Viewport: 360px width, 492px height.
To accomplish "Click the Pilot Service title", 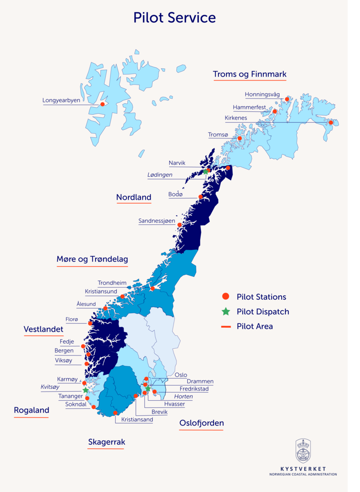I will [174, 18].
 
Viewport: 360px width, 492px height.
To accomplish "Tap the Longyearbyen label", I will [61, 100].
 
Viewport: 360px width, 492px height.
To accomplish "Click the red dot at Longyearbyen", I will [102, 104].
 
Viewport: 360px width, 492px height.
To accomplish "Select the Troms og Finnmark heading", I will [249, 74].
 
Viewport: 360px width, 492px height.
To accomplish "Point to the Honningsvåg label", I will [262, 95].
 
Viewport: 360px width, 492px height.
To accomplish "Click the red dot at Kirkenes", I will [331, 123].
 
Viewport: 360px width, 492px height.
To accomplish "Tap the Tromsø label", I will [218, 135].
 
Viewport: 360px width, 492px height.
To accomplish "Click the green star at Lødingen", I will [206, 172].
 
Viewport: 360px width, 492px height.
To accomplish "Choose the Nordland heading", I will [134, 197].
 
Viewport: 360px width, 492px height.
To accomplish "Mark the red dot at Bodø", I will [200, 197].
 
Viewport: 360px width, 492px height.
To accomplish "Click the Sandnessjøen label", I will [157, 221].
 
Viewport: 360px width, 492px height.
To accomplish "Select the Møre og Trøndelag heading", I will [92, 259].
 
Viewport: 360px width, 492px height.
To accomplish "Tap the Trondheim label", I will [112, 283].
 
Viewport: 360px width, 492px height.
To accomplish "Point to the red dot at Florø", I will [90, 323].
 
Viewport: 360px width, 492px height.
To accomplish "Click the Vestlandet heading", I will [43, 329].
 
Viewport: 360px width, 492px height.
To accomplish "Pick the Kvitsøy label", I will [50, 387].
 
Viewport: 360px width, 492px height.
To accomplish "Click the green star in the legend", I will [226, 311].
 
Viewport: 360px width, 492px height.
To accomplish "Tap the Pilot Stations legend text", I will [261, 297].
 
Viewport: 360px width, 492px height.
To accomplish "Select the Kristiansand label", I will [137, 419].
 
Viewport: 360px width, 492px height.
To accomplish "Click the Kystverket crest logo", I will [303, 451].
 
